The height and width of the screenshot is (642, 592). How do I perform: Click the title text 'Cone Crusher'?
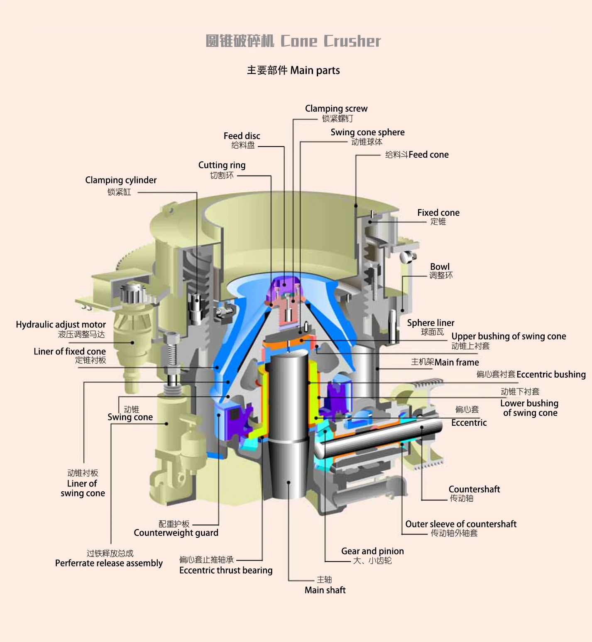[x=330, y=41]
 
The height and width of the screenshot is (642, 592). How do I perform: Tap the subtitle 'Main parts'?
[x=315, y=71]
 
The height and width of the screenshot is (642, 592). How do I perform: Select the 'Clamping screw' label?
[x=336, y=109]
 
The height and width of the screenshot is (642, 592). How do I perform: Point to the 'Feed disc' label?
[x=242, y=136]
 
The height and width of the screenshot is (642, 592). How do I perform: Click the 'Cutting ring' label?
[x=222, y=165]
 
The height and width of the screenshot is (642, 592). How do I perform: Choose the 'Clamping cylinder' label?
[x=121, y=180]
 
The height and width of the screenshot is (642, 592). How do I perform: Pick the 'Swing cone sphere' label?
[x=367, y=132]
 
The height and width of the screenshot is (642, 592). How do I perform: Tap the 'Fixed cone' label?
[x=438, y=213]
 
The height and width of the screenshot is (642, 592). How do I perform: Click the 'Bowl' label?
[x=440, y=267]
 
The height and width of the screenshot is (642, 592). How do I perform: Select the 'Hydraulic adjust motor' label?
[x=61, y=325]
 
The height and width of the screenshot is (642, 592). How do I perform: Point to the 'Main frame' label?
[x=457, y=362]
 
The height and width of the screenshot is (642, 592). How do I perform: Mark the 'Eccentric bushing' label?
[x=551, y=375]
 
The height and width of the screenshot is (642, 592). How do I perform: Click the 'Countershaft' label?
[x=474, y=489]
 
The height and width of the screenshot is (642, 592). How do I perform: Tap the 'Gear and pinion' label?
[x=372, y=551]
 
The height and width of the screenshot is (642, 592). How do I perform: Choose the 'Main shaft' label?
[x=325, y=590]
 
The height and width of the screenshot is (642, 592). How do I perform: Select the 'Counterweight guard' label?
[x=176, y=533]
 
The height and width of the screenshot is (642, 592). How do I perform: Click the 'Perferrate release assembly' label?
[x=109, y=563]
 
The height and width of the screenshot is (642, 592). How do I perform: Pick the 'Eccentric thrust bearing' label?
[x=226, y=571]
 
